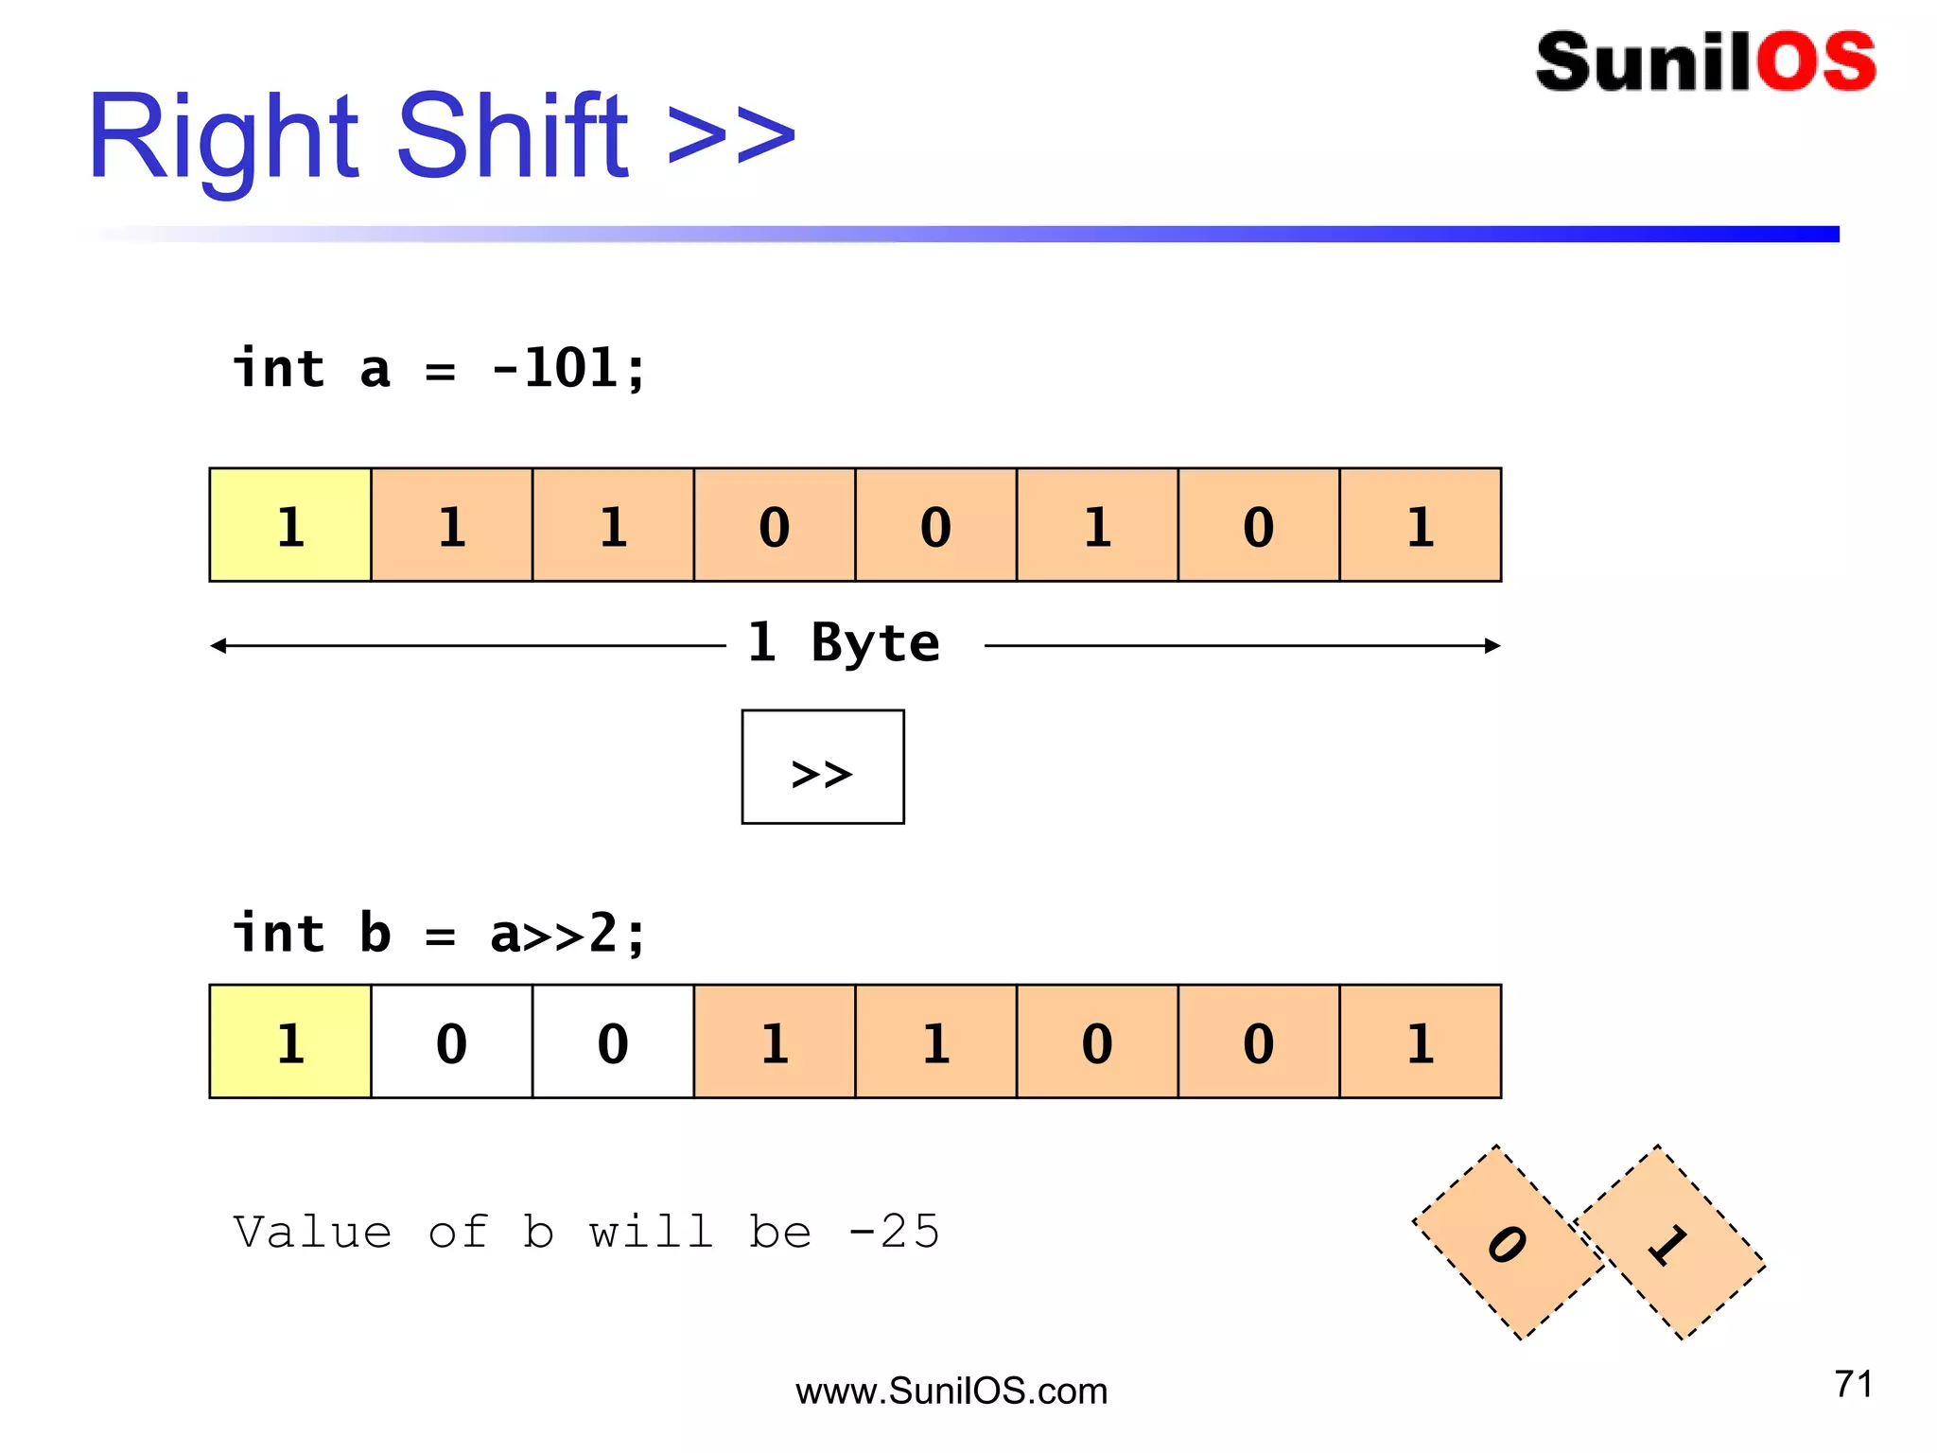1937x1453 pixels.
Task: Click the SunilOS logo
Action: coord(1704,62)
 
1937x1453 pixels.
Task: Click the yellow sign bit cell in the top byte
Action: coord(290,525)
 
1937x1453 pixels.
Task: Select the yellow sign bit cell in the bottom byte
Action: coord(290,1042)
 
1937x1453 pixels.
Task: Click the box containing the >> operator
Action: coord(822,767)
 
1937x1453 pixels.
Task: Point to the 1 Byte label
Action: coord(844,643)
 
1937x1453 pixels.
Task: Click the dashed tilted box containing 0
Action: coord(1508,1243)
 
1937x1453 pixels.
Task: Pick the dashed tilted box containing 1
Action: coord(1669,1243)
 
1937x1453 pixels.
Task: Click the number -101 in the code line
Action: coord(568,368)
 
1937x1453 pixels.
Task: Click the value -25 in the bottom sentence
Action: coord(893,1232)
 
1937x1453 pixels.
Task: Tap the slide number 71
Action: coord(1853,1384)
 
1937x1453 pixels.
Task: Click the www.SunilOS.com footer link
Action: coord(951,1392)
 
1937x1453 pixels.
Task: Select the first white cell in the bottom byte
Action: coord(452,1042)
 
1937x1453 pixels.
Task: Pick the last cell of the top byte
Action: coord(1420,525)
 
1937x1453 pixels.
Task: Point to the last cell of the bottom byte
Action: coord(1420,1042)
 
